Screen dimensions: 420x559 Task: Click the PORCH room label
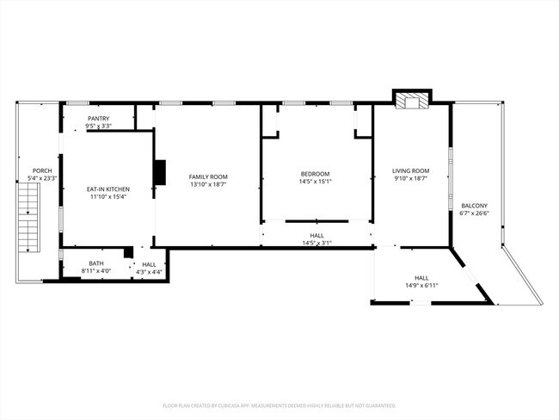(x=41, y=170)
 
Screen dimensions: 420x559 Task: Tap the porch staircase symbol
(x=29, y=223)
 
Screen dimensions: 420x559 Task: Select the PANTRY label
(x=99, y=119)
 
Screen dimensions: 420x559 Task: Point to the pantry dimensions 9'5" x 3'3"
(x=99, y=127)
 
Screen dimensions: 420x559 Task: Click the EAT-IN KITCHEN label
(x=107, y=188)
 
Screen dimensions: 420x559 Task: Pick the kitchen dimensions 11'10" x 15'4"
(x=107, y=196)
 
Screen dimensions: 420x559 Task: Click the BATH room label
(x=96, y=263)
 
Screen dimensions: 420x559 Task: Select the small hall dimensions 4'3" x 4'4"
(x=149, y=272)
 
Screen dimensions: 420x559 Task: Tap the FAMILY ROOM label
(x=208, y=176)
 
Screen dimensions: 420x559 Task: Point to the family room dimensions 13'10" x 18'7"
(x=208, y=184)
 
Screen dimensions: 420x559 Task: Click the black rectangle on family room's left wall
(x=160, y=172)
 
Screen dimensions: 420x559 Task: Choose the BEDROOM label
(x=315, y=173)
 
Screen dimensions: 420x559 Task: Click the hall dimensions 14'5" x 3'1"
(x=316, y=243)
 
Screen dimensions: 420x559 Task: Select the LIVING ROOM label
(x=411, y=170)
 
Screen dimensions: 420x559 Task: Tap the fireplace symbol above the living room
(x=410, y=102)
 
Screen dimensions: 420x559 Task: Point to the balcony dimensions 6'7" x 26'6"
(x=474, y=213)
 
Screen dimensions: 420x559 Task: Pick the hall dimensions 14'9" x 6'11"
(x=421, y=285)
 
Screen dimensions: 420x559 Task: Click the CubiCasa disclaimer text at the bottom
(x=279, y=405)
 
